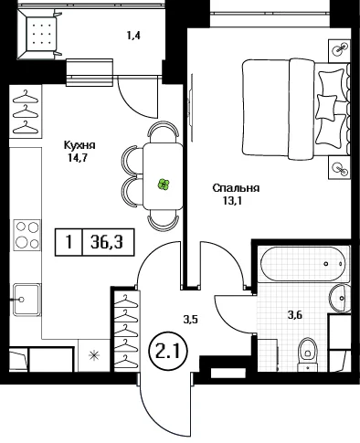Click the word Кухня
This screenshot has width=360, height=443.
click(79, 145)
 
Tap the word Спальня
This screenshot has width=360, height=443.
click(236, 188)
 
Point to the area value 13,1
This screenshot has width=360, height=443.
click(232, 201)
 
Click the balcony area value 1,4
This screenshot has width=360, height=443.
click(133, 36)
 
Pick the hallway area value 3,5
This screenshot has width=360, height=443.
click(191, 320)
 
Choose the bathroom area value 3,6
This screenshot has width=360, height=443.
click(294, 314)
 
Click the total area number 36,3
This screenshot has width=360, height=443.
click(107, 243)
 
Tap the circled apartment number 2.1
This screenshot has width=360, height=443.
click(167, 351)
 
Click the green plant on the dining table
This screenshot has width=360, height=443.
click(164, 185)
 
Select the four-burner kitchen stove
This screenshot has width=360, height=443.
click(27, 235)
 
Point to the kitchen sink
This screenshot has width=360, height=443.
click(26, 300)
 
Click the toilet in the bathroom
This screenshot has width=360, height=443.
click(308, 354)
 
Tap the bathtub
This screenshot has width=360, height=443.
click(304, 264)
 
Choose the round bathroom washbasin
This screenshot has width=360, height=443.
click(339, 298)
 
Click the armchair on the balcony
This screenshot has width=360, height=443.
click(39, 34)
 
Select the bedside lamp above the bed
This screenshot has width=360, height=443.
click(340, 48)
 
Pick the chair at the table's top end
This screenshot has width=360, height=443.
click(163, 130)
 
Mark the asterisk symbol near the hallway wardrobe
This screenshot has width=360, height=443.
click(94, 355)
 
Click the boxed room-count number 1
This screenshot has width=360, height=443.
click(69, 243)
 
